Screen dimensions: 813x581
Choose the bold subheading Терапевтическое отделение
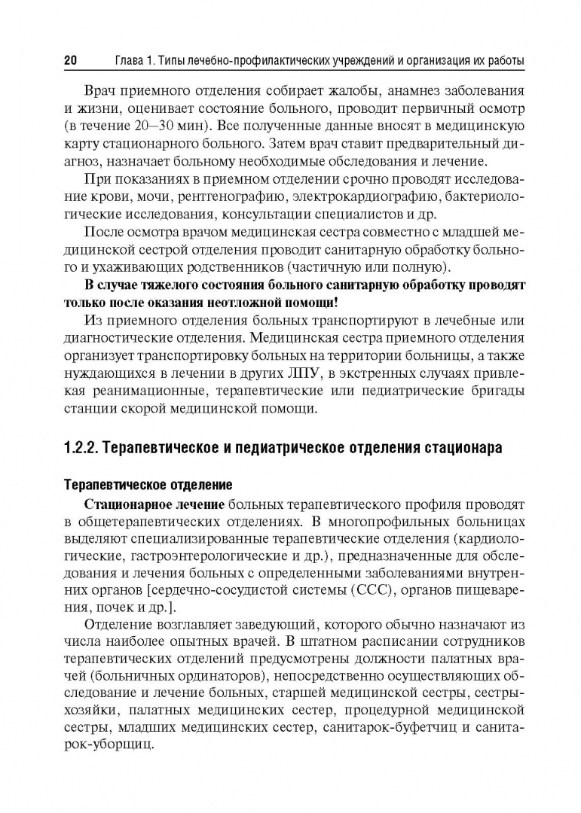pyautogui.click(x=148, y=483)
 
